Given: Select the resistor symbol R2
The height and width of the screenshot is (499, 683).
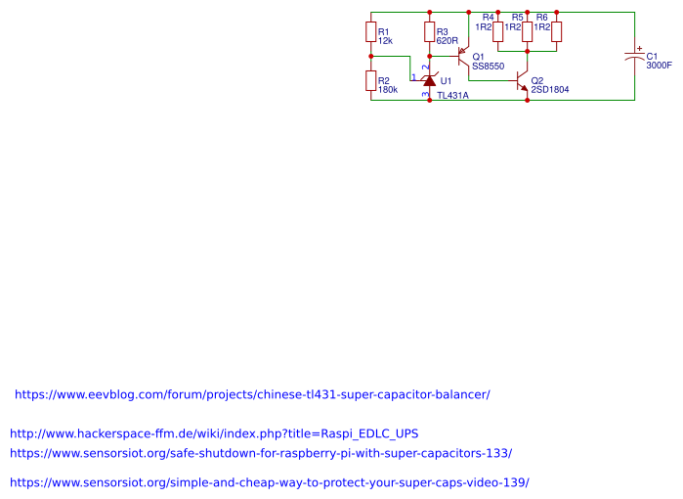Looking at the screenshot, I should coord(371,82).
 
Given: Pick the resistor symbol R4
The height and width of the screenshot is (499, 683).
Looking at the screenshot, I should coord(498,32).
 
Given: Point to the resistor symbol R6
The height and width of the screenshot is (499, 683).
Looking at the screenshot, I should coord(557,32).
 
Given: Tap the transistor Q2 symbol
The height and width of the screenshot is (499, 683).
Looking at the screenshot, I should coord(523,82).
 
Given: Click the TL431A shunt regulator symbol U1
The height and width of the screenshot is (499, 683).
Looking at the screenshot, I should coord(429,79).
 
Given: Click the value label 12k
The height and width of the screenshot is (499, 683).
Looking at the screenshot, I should coord(385,41).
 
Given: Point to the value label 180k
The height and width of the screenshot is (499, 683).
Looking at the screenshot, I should coord(388,90).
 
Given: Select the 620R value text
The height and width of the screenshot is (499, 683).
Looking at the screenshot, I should coord(448,41).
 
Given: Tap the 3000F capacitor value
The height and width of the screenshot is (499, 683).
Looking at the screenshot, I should coord(660,66).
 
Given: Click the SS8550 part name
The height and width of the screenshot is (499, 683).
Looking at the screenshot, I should coord(488,67).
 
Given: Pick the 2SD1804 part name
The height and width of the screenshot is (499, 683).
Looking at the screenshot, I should coord(550,89).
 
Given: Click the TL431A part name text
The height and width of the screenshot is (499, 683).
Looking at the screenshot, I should coord(452,96).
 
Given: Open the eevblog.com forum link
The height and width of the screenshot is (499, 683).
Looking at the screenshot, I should coord(252,395).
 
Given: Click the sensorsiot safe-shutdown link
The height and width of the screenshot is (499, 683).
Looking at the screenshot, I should coord(261,454).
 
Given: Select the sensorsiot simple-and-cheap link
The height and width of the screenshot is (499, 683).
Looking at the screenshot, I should coord(270,483).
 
